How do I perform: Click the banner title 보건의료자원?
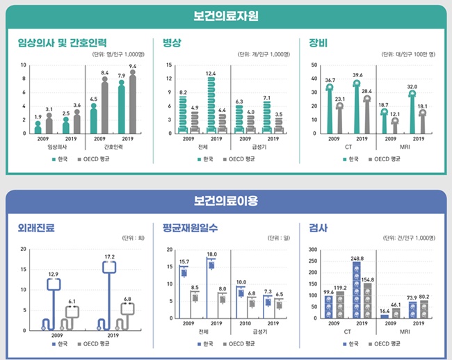click(226, 15)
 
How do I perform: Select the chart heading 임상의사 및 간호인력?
click(63, 42)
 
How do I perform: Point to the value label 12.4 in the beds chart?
click(211, 73)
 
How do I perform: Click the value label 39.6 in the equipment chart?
click(357, 75)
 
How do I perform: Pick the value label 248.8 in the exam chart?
click(357, 258)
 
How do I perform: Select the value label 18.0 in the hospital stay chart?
click(211, 254)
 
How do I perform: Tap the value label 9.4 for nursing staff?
click(132, 66)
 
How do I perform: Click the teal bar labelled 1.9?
click(38, 128)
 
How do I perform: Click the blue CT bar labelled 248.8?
click(357, 291)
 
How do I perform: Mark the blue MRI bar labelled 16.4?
click(385, 316)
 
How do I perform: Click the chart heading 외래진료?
click(36, 227)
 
